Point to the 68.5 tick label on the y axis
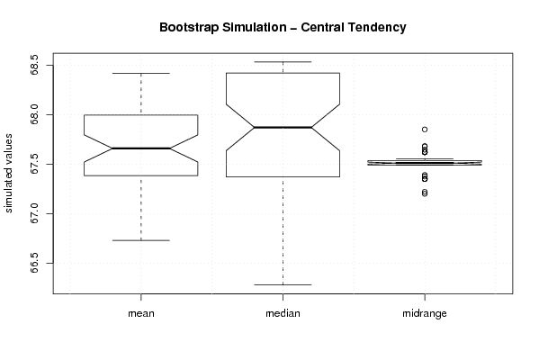click(35, 65)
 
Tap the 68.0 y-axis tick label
click(35, 114)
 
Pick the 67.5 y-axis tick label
click(35, 164)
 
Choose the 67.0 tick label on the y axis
click(35, 213)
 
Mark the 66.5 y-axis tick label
click(35, 263)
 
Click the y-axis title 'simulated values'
click(8, 174)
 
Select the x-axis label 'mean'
click(141, 313)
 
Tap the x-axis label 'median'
click(283, 313)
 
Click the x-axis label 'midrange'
click(425, 313)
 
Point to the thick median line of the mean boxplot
click(141, 148)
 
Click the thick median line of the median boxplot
click(283, 127)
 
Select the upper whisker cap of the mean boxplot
click(141, 73)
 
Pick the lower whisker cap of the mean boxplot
click(141, 240)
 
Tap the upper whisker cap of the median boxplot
click(283, 62)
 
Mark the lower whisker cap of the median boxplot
click(283, 284)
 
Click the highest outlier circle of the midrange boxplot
click(425, 130)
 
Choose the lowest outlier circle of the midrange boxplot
click(425, 193)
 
